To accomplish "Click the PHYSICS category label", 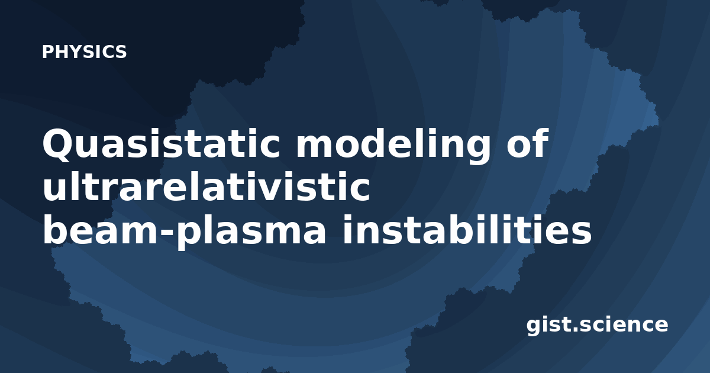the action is point(84,52).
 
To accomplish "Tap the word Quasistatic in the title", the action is point(162,143).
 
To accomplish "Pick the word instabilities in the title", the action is point(467,229).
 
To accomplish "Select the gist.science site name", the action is point(597,325).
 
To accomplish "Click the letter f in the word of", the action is point(541,142).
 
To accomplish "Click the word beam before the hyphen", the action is point(101,229).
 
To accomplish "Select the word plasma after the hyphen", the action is point(250,233).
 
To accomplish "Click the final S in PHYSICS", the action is point(121,52).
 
